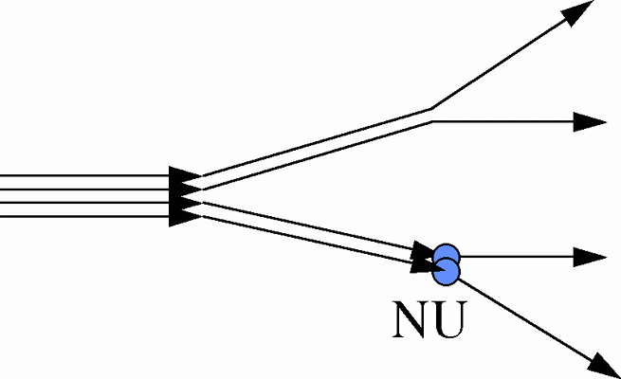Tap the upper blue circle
pyautogui.click(x=447, y=255)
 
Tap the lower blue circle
pyautogui.click(x=447, y=273)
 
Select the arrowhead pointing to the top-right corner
pyautogui.click(x=581, y=12)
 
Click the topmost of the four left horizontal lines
pyautogui.click(x=76, y=176)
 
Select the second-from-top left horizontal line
pyautogui.click(x=76, y=189)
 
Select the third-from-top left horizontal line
pyautogui.click(x=76, y=203)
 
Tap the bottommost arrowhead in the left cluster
pyautogui.click(x=184, y=216)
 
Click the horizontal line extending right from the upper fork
pyautogui.click(x=502, y=121)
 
